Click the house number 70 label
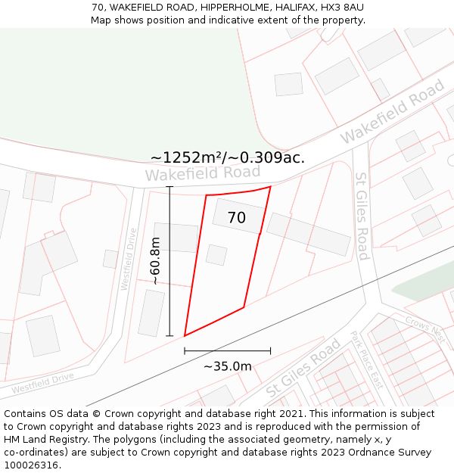pyautogui.click(x=236, y=218)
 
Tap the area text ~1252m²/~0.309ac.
pyautogui.click(x=227, y=157)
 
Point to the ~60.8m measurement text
pyautogui.click(x=155, y=261)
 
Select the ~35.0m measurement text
pyautogui.click(x=227, y=366)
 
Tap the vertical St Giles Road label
pyautogui.click(x=362, y=216)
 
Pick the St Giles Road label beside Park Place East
pyautogui.click(x=303, y=369)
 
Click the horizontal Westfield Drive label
pyautogui.click(x=42, y=383)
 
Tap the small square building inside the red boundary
pyautogui.click(x=216, y=255)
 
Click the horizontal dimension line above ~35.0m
pyautogui.click(x=227, y=351)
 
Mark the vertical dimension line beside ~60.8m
pyautogui.click(x=169, y=261)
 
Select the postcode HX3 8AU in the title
pyautogui.click(x=342, y=8)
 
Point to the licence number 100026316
pyautogui.click(x=33, y=465)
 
